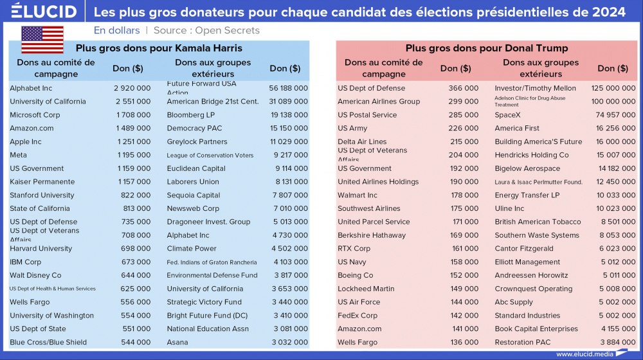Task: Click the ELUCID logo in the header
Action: [44, 12]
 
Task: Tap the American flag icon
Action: [42, 40]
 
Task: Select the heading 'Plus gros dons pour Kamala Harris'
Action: [159, 48]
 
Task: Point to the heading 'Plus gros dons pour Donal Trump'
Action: [487, 48]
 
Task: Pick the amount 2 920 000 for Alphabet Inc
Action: [132, 88]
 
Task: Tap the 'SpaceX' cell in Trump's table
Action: [508, 115]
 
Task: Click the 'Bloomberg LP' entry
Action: [191, 115]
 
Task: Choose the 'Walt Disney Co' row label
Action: [35, 275]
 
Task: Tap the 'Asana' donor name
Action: [177, 342]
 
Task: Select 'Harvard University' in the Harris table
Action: [41, 248]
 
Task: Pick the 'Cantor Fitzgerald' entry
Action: [524, 248]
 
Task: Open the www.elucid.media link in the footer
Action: [583, 354]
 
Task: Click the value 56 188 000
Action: [289, 88]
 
